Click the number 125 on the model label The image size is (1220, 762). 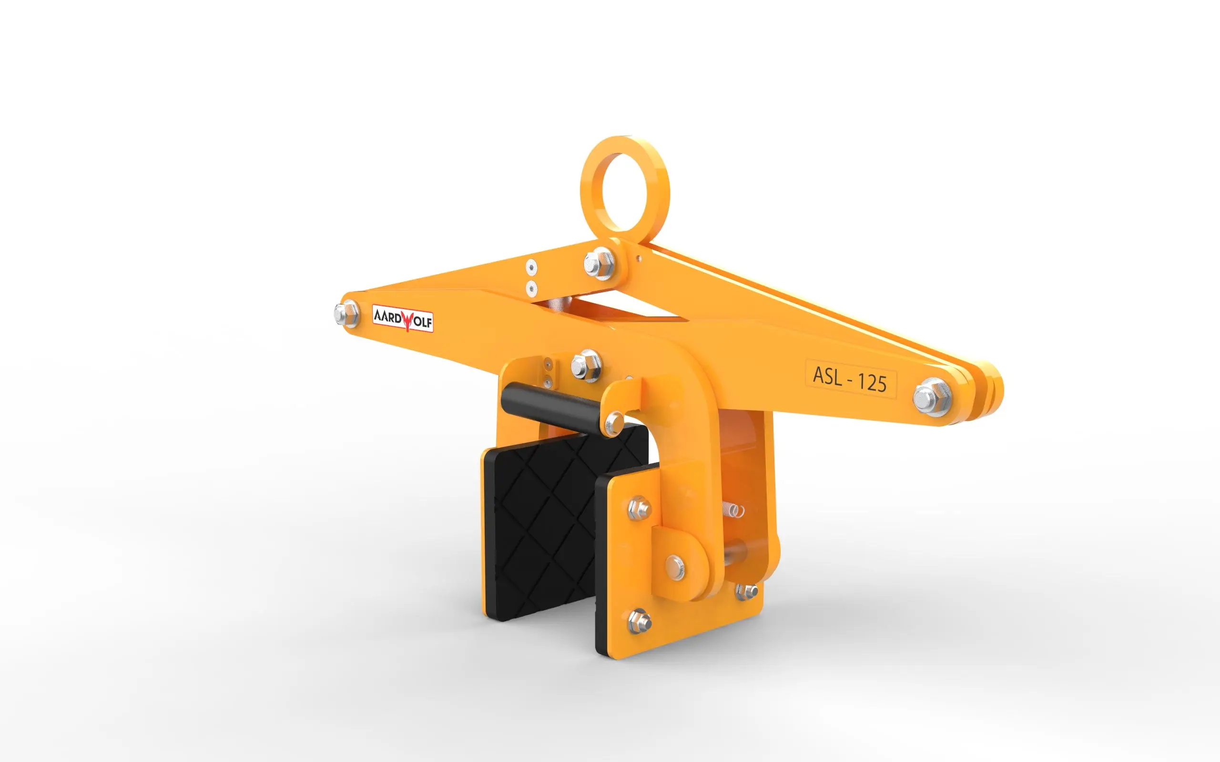(872, 382)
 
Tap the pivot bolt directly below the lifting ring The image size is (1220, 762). (600, 262)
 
